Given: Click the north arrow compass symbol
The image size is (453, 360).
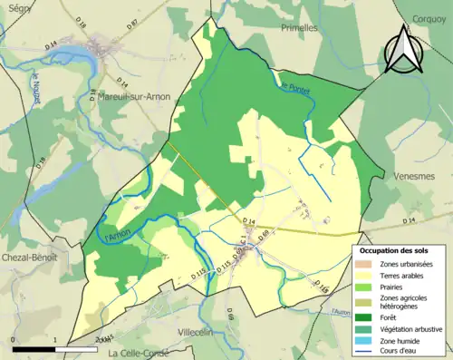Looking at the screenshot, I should click(x=405, y=50).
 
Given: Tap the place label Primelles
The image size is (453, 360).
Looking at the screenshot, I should click(x=301, y=27).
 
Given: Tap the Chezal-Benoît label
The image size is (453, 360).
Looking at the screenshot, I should click(x=29, y=257).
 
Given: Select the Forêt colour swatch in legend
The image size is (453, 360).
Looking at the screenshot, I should click(x=368, y=316).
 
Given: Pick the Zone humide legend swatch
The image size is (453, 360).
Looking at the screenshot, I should click(x=368, y=342).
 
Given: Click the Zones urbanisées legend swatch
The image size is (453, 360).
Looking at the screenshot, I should click(x=368, y=263).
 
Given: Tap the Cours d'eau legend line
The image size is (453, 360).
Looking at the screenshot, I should click(x=368, y=354).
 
